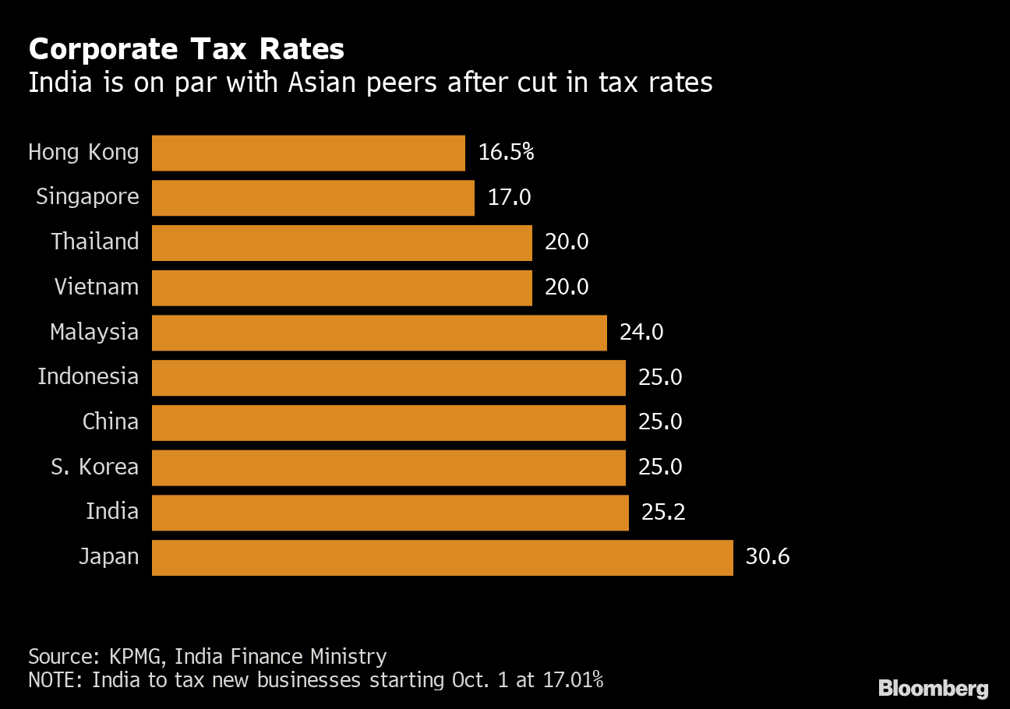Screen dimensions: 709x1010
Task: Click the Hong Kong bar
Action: [x=308, y=153]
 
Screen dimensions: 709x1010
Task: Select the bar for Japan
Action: [x=442, y=557]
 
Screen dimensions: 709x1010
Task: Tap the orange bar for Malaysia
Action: [x=379, y=333]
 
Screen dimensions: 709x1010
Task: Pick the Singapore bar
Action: [x=313, y=198]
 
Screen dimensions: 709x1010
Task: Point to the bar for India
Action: [x=390, y=513]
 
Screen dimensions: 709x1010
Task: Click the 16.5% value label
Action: [x=506, y=152]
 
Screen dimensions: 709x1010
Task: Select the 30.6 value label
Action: [x=768, y=557]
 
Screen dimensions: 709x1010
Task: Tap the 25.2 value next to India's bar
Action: [x=663, y=513]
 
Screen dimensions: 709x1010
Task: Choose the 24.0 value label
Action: [x=641, y=333]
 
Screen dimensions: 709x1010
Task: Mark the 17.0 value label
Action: [x=509, y=198]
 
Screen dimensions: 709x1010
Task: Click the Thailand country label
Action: [x=95, y=242]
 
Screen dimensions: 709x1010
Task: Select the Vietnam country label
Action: [x=97, y=287]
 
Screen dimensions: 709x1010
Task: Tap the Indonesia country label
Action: [x=88, y=377]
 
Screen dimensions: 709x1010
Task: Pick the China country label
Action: [x=111, y=422]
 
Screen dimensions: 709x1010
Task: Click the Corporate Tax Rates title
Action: [x=186, y=50]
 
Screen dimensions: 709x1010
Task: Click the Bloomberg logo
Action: [x=933, y=689]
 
